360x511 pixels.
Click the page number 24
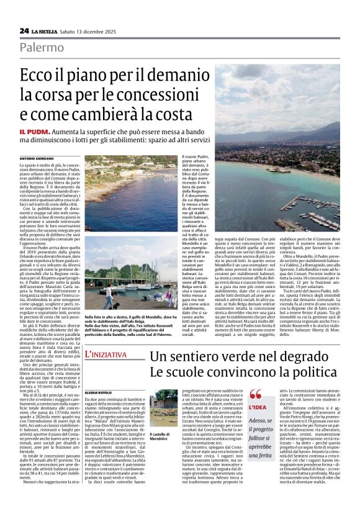coord(24,30)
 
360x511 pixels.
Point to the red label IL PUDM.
coord(32,133)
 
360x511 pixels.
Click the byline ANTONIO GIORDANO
coord(37,160)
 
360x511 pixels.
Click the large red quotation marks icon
coord(255,376)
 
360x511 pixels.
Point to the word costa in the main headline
coord(191,115)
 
